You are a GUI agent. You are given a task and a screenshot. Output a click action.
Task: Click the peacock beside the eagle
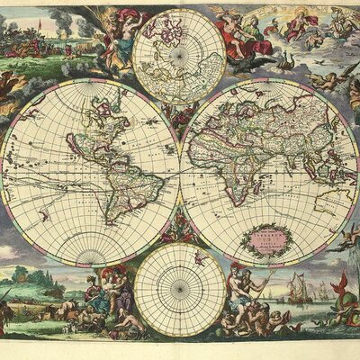286,63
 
